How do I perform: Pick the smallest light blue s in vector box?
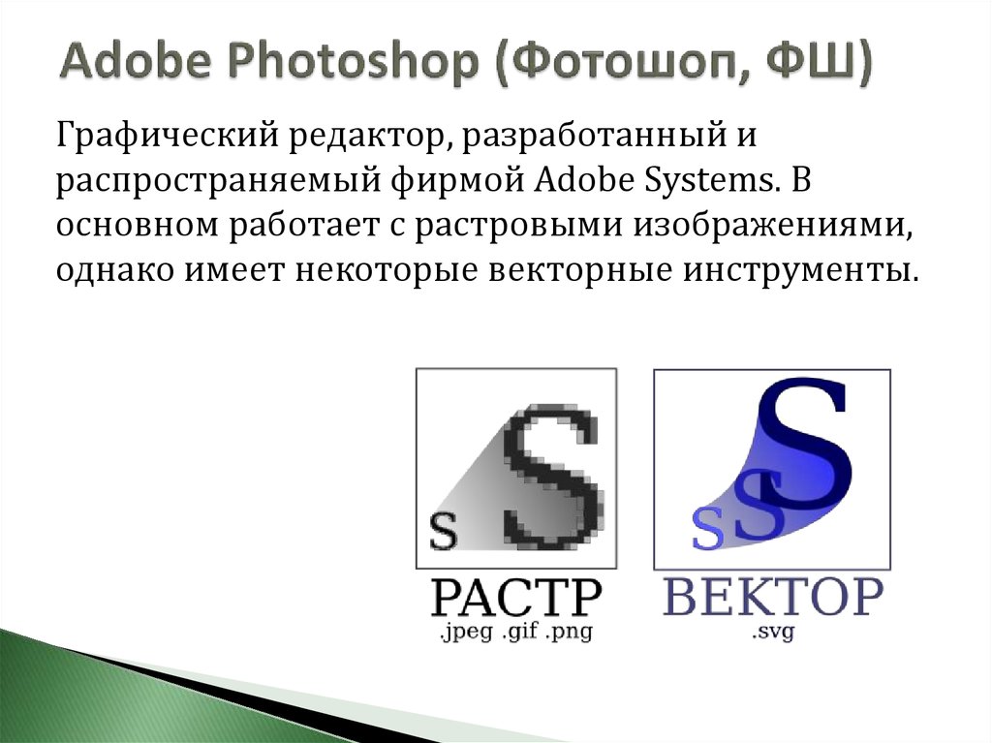click(708, 531)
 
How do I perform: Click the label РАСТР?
click(515, 599)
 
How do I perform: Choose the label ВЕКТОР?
click(773, 599)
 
